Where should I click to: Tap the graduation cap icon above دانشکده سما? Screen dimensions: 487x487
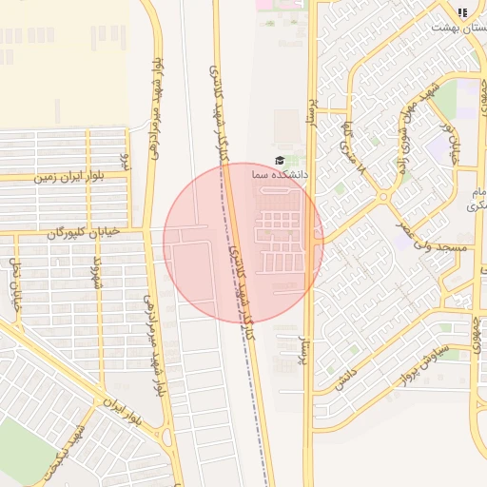[280, 161]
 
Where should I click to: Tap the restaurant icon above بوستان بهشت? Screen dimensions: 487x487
[462, 12]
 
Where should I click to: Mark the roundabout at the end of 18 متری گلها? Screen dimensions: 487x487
[382, 197]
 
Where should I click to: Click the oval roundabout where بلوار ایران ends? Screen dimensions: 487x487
[167, 438]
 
